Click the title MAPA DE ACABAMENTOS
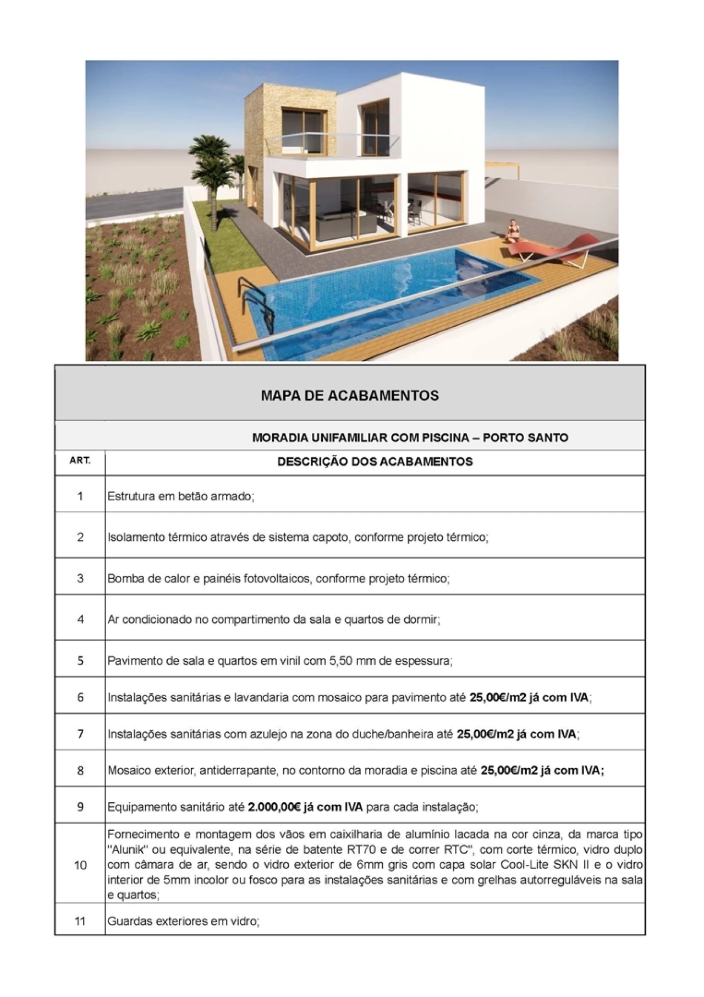tap(350, 395)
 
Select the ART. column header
tap(80, 461)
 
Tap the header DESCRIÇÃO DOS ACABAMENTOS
tap(375, 462)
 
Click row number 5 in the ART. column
tap(80, 660)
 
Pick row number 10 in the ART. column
tap(80, 865)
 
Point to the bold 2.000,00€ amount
tap(273, 807)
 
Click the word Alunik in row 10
tap(129, 850)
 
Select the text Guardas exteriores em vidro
tap(183, 921)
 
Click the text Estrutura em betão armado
tap(180, 496)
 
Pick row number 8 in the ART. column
tap(80, 771)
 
